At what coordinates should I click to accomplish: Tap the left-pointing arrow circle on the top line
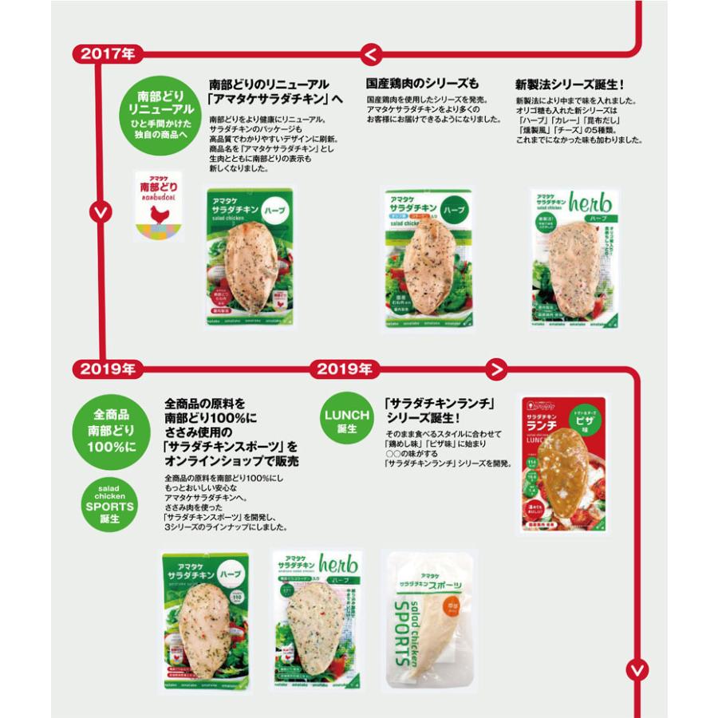point(370,54)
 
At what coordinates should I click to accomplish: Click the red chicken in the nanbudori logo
point(160,213)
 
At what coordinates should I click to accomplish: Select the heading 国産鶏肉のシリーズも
point(422,84)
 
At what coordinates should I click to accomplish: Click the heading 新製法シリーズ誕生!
point(569,84)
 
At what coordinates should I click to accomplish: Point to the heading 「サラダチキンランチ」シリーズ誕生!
point(434,410)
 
